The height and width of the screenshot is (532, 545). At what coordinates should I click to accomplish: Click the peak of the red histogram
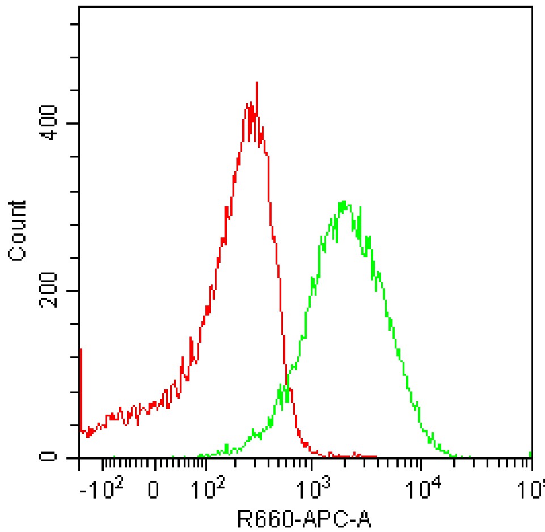(x=257, y=83)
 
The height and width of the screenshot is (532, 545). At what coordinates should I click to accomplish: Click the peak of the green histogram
(x=343, y=202)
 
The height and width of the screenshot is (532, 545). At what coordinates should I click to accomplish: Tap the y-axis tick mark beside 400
(x=74, y=124)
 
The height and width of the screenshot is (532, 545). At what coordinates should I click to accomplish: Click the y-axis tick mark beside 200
(x=74, y=291)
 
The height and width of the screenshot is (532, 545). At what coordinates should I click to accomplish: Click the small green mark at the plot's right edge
(x=530, y=454)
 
